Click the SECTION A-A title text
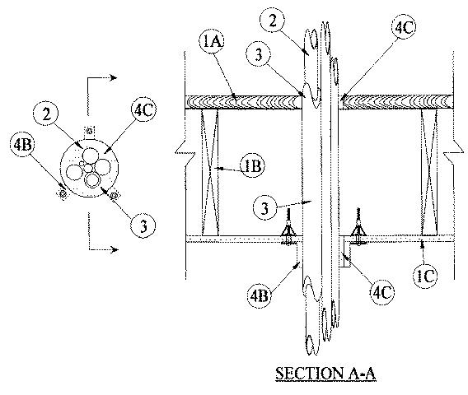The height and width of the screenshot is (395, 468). (325, 374)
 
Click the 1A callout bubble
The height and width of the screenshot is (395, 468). (212, 41)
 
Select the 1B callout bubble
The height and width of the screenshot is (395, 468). (253, 166)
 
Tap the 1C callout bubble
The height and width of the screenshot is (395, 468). (426, 276)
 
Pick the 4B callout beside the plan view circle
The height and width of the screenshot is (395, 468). (23, 145)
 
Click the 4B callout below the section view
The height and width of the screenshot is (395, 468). (259, 296)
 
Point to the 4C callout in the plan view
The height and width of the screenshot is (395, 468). (143, 110)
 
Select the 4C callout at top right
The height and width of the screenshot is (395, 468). (404, 27)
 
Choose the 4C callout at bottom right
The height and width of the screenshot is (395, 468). (382, 292)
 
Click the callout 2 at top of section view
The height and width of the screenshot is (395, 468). (272, 21)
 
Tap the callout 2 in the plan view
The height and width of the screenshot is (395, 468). (46, 114)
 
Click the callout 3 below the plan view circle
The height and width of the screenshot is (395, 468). (143, 226)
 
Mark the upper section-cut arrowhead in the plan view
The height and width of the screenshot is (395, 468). (113, 78)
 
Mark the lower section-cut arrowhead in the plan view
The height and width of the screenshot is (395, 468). (114, 249)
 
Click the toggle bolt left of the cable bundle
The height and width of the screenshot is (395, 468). (288, 227)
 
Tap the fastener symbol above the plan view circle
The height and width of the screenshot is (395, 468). (90, 131)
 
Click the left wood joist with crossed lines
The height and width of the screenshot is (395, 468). (210, 172)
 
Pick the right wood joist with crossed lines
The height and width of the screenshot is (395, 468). (429, 172)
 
